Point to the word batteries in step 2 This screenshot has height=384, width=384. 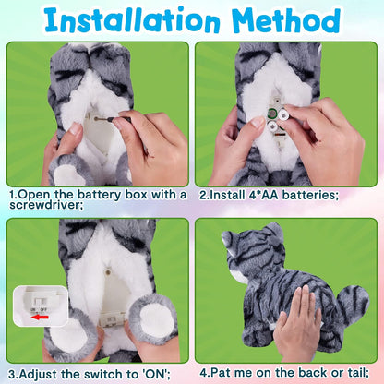pos(310,195)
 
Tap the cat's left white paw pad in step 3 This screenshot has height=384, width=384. pos(68,337)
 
